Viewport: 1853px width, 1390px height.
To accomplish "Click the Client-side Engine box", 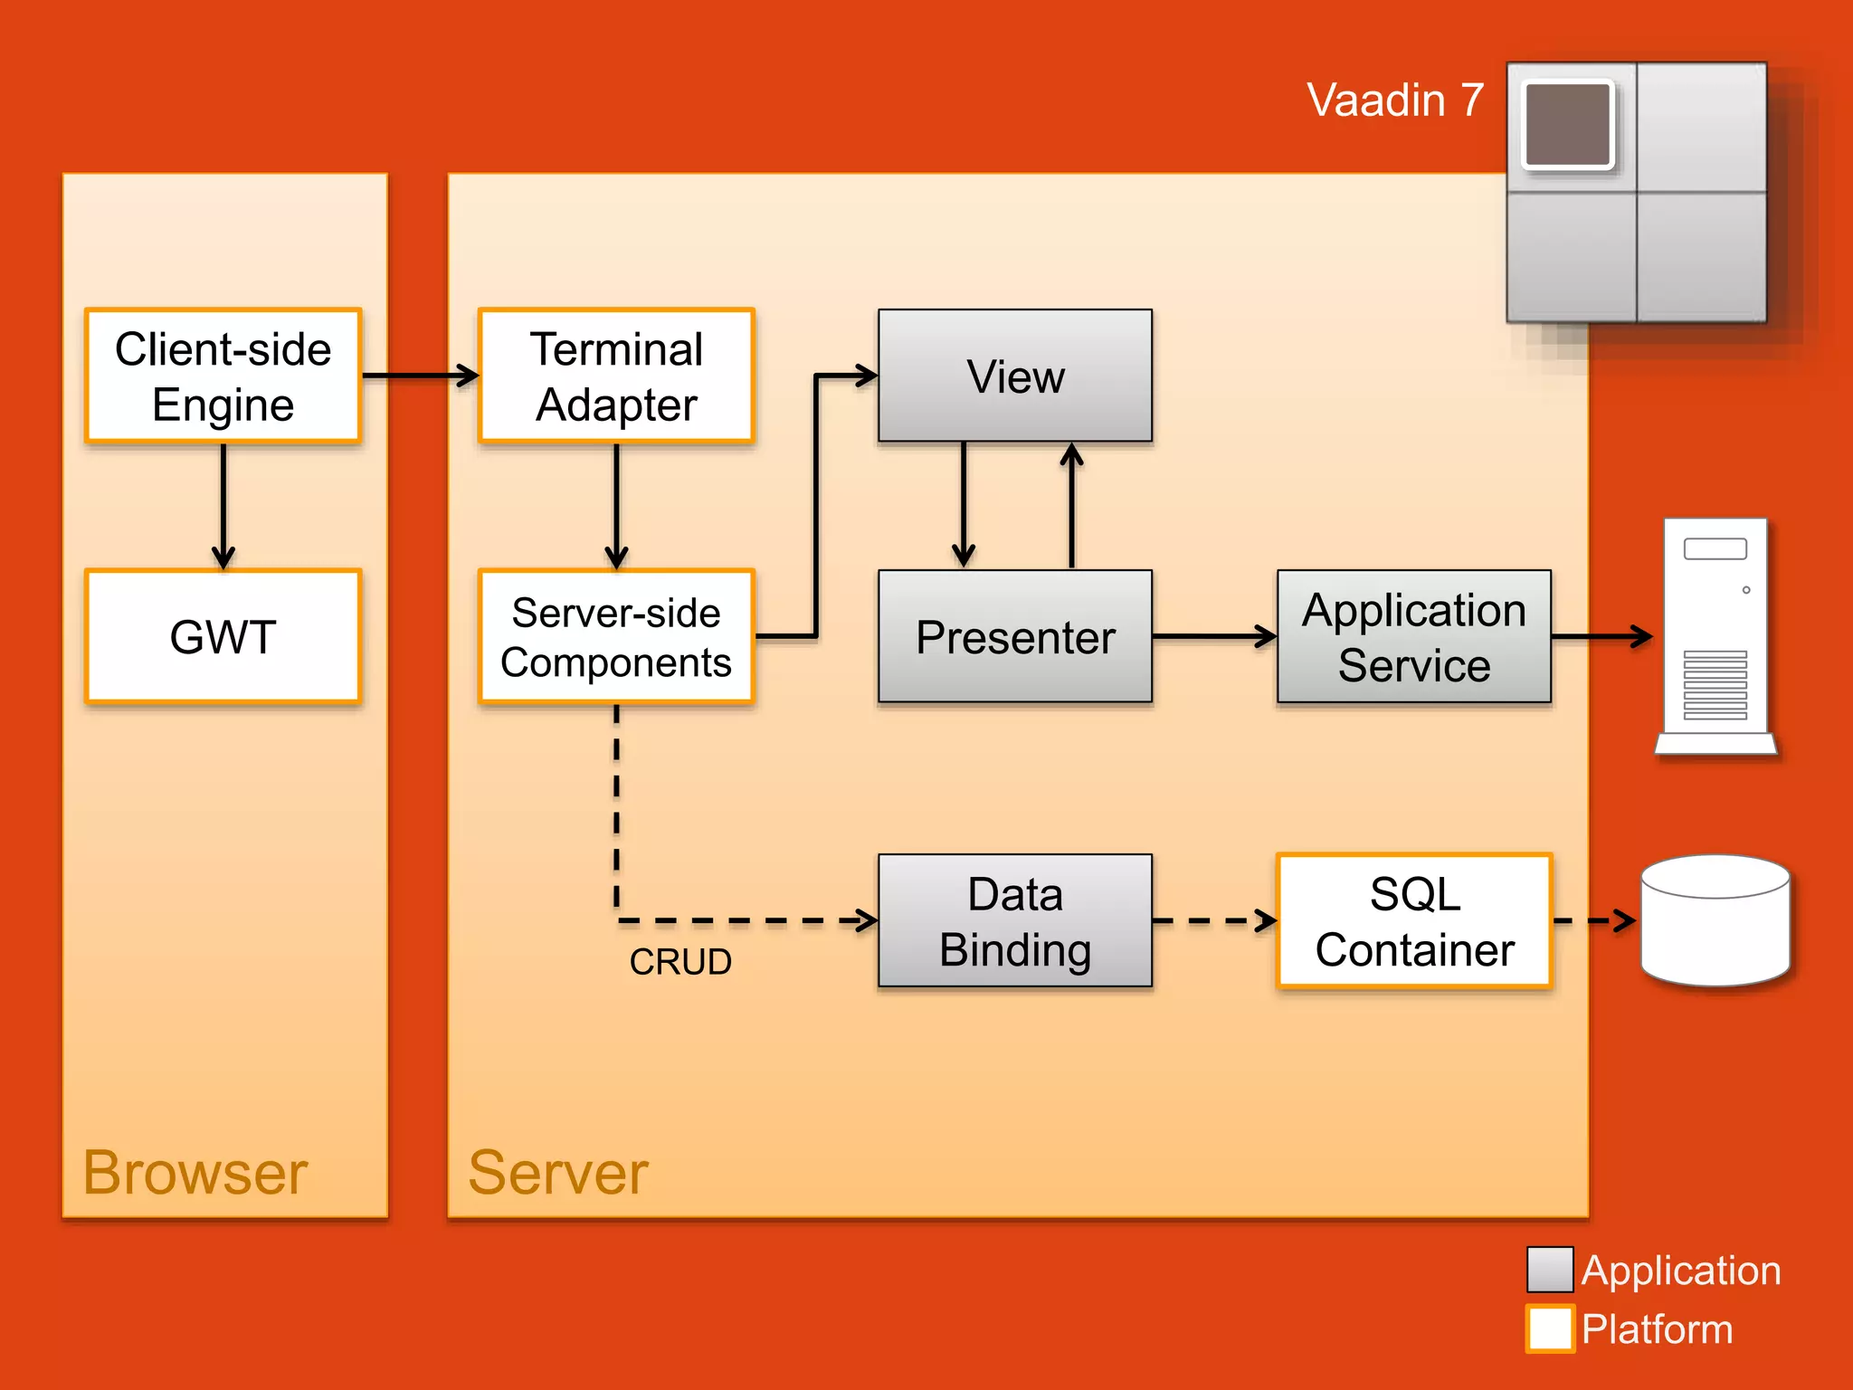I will tap(223, 376).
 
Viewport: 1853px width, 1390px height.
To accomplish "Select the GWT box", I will tap(223, 636).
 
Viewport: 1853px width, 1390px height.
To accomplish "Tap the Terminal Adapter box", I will tap(616, 376).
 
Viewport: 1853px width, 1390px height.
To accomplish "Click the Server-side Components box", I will tap(616, 636).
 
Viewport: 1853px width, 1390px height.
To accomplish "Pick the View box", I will tap(1015, 376).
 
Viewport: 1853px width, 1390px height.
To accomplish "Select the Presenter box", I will tap(1015, 636).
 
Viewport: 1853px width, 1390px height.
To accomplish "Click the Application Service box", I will tap(1413, 636).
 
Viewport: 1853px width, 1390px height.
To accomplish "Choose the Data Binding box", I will tap(1015, 920).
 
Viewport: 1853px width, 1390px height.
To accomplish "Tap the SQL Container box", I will tap(1413, 920).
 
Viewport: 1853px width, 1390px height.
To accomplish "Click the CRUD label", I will tap(680, 962).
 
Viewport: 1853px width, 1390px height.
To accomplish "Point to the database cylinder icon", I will tap(1715, 921).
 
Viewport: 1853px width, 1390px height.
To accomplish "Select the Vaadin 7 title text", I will tap(1395, 100).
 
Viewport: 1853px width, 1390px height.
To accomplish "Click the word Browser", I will tap(195, 1173).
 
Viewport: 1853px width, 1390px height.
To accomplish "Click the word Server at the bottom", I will tap(558, 1173).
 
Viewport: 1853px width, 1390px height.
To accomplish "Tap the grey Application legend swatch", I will tap(1549, 1270).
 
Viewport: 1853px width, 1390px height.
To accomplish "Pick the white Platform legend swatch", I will tap(1549, 1328).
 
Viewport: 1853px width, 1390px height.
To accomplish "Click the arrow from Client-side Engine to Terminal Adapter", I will tap(419, 375).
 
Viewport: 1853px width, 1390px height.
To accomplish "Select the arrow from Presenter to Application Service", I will tap(1213, 636).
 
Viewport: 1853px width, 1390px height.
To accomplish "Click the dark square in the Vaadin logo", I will tap(1568, 125).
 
